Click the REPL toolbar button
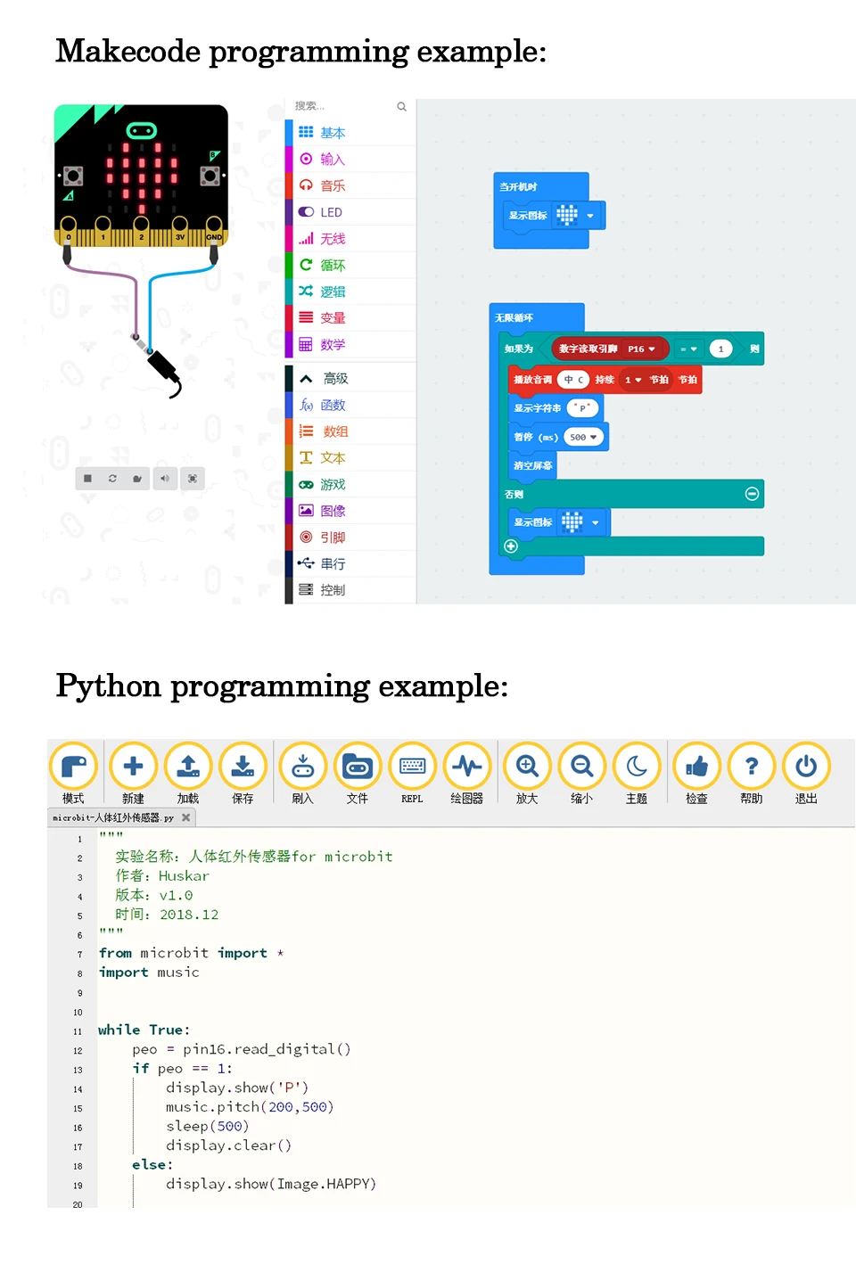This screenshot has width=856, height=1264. pos(412,767)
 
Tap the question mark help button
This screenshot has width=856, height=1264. pos(752,767)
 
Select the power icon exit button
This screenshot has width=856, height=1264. pos(806,767)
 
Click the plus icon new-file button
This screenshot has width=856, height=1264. pos(133,767)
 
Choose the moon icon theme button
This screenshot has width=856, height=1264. pos(637,767)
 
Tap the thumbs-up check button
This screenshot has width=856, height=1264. pos(696,767)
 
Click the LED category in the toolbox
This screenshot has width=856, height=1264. pos(331,212)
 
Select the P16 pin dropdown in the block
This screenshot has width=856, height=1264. pos(641,349)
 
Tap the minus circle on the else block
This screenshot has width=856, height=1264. pos(752,494)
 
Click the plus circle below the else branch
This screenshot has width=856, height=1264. pos(511,546)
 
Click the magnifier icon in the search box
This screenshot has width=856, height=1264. pos(401,107)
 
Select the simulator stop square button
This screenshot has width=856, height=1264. pos(87,479)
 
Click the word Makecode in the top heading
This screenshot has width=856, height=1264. pos(128,52)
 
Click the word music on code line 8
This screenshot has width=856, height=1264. pos(178,973)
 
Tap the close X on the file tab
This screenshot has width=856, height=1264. pos(185,817)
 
